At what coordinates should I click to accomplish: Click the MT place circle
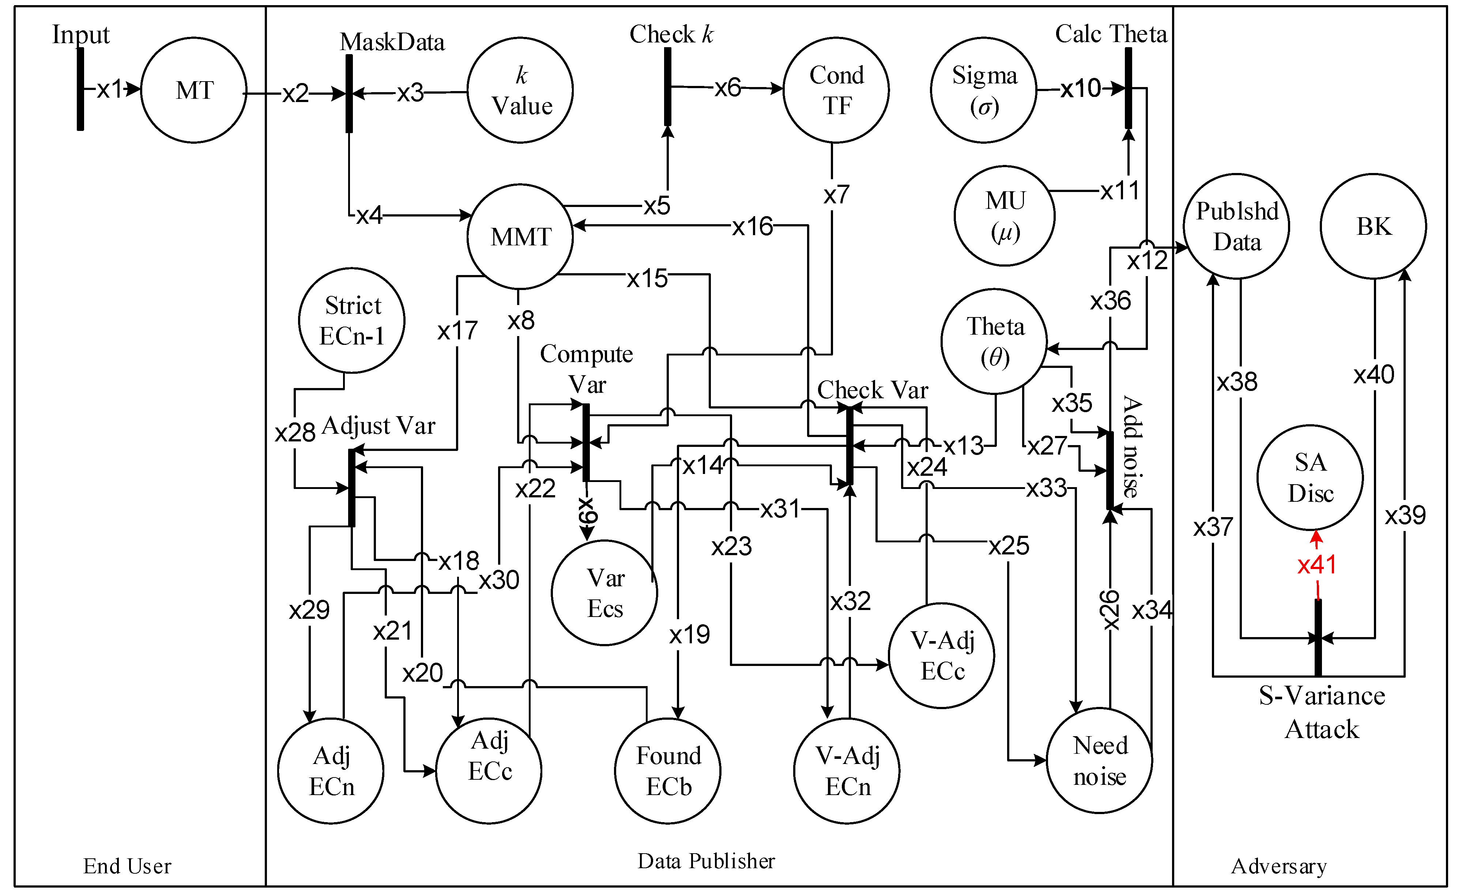coord(194,90)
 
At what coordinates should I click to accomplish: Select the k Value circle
coord(520,90)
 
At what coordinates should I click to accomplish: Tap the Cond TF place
coord(836,90)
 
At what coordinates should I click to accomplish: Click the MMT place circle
coord(520,237)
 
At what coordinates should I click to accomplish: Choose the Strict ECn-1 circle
coord(352,321)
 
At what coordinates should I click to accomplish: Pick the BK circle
coord(1373,226)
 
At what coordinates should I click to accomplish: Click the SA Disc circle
coord(1310,478)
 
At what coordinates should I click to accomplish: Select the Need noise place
coord(1100,761)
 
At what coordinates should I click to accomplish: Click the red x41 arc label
coord(1316,565)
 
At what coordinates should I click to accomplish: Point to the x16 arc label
coord(752,226)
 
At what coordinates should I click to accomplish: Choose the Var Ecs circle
coord(604,592)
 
